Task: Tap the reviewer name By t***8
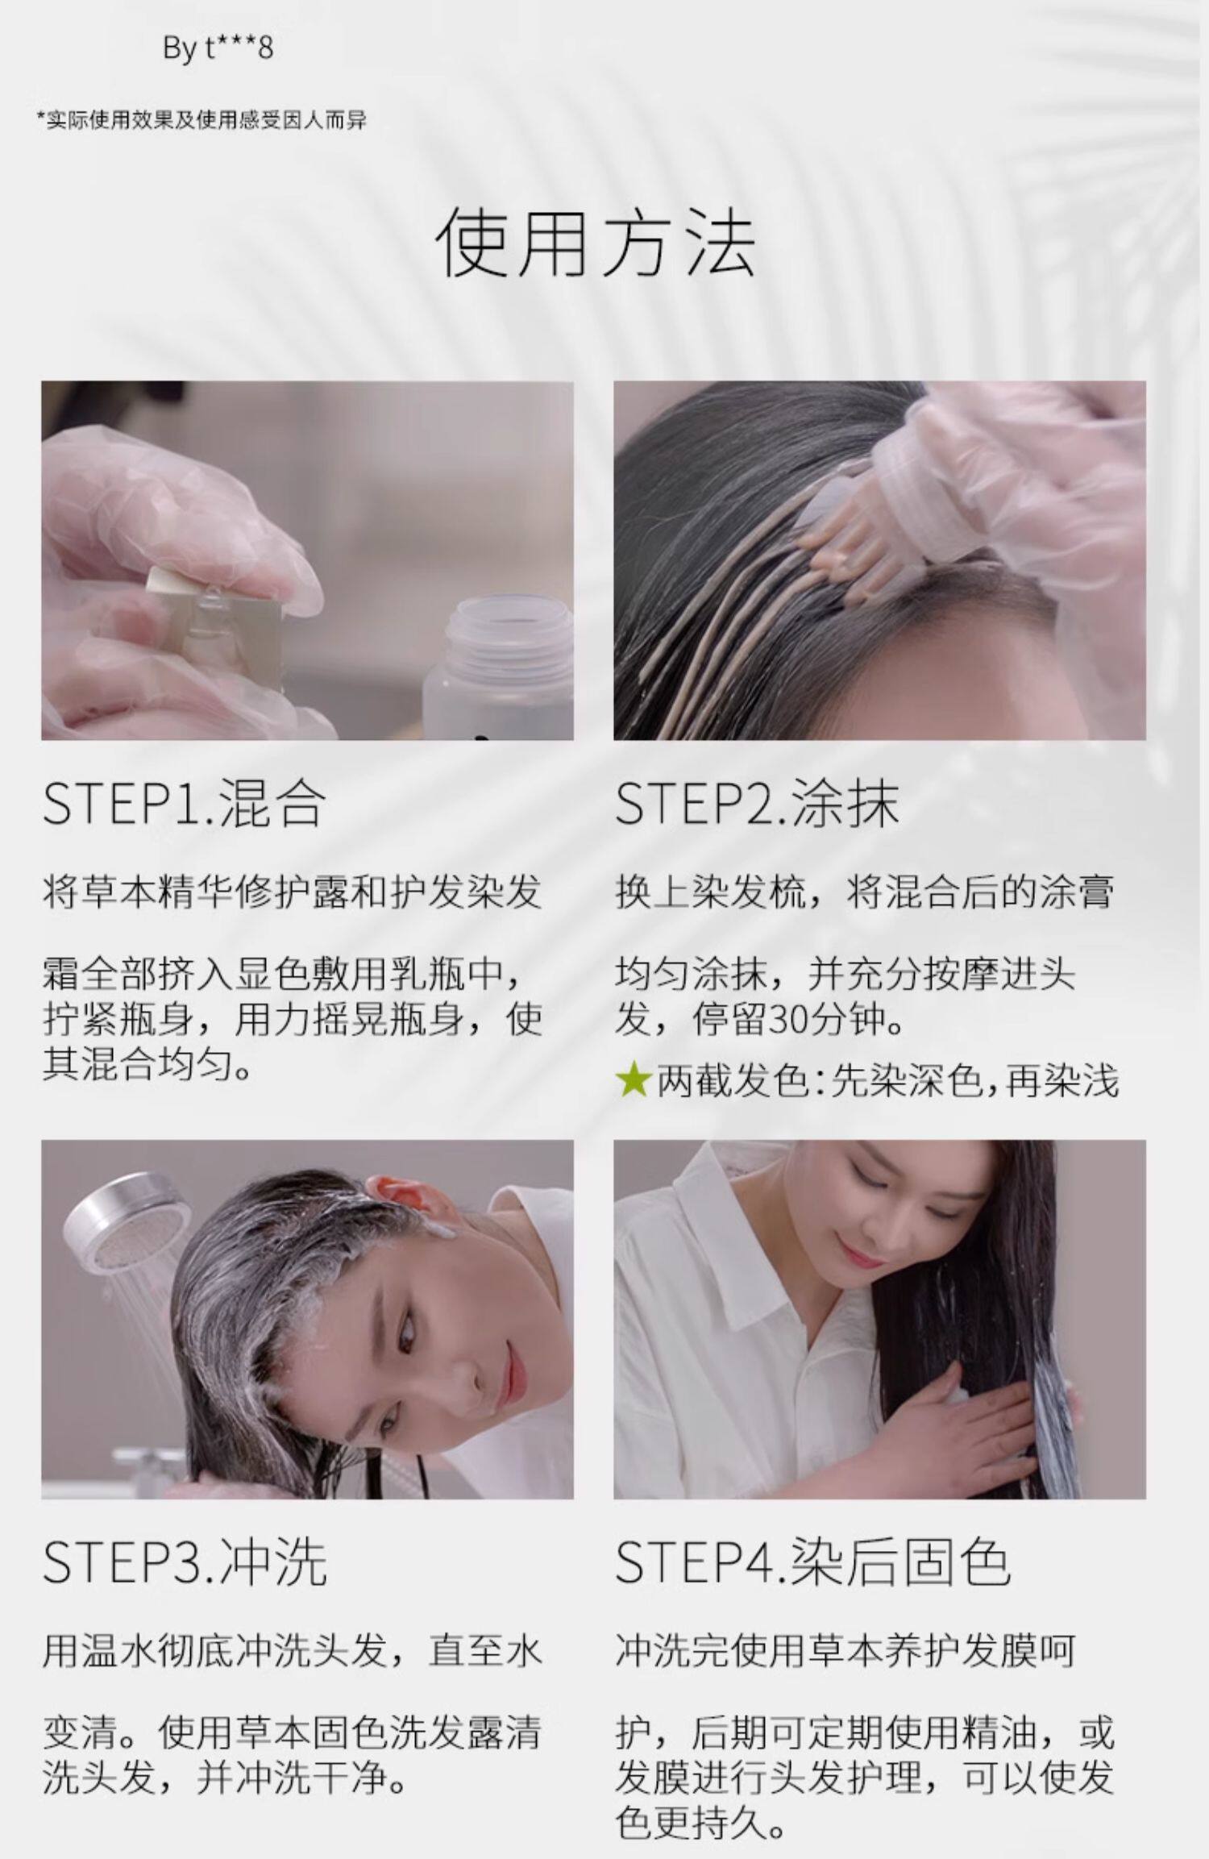tap(218, 48)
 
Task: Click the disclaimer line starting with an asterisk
tap(201, 121)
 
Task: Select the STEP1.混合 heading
tap(184, 802)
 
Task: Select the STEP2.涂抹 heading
tap(756, 802)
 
